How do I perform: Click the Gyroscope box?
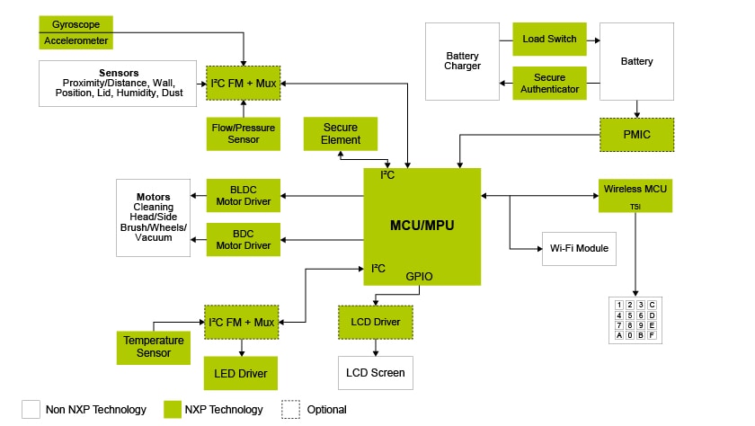tap(76, 23)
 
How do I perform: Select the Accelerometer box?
tap(76, 40)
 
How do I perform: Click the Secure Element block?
tap(341, 134)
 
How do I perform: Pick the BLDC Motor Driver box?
tap(244, 195)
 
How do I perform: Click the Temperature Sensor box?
tap(154, 347)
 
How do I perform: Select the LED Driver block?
tap(241, 372)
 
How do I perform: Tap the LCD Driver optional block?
tap(375, 321)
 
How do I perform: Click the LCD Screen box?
tap(375, 372)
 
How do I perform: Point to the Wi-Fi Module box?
tap(579, 248)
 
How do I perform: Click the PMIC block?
tap(636, 134)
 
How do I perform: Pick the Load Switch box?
tap(549, 40)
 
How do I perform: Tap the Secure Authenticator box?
tap(549, 84)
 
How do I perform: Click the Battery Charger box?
tap(463, 61)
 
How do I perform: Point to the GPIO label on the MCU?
tap(419, 277)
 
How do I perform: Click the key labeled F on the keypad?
tap(652, 335)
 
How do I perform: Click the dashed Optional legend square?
tap(291, 409)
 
